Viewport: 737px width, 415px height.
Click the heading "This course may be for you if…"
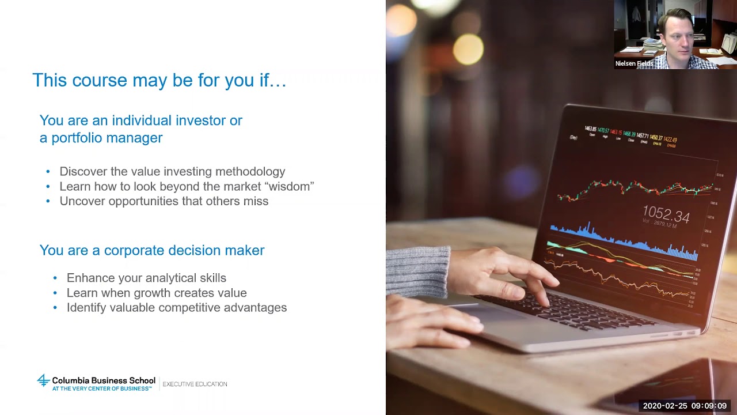pyautogui.click(x=159, y=80)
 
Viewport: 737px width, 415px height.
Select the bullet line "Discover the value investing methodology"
pyautogui.click(x=172, y=171)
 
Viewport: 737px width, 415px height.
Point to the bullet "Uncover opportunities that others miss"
pyautogui.click(x=164, y=201)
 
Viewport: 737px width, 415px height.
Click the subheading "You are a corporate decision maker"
pyautogui.click(x=152, y=250)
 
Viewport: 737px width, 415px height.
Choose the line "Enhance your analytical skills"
pyautogui.click(x=146, y=278)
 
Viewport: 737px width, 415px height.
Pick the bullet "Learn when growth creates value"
pyautogui.click(x=157, y=293)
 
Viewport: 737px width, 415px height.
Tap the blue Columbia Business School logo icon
pyautogui.click(x=43, y=380)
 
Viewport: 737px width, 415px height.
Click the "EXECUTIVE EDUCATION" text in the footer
pyautogui.click(x=195, y=384)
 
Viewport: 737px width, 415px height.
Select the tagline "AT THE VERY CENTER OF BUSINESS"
pyautogui.click(x=101, y=388)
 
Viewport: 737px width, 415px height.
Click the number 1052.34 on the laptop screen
pyautogui.click(x=666, y=215)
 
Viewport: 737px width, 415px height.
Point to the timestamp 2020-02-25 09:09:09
pyautogui.click(x=685, y=406)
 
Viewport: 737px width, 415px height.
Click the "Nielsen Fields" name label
pyautogui.click(x=634, y=63)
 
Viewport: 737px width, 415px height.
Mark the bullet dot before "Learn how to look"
pyautogui.click(x=48, y=187)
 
